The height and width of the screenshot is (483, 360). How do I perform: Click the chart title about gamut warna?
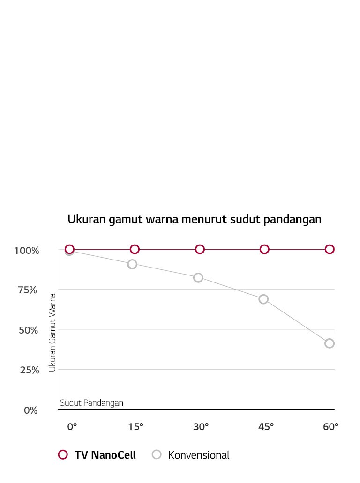click(195, 219)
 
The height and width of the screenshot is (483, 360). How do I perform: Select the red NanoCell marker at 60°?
click(330, 249)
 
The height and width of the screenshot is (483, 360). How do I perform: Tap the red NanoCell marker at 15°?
click(135, 249)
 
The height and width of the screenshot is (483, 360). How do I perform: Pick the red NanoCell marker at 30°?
click(200, 249)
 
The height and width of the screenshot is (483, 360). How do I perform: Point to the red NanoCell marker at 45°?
click(264, 249)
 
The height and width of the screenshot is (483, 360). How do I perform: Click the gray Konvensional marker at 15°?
click(132, 264)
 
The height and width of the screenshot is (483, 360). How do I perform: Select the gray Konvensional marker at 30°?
click(198, 278)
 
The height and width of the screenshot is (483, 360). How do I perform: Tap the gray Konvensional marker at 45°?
click(263, 299)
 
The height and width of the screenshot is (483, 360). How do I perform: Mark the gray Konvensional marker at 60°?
click(330, 343)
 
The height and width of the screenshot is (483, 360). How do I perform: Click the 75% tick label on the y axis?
click(27, 290)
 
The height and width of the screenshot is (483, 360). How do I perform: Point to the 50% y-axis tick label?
click(27, 330)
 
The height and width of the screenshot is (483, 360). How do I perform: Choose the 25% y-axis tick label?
click(27, 370)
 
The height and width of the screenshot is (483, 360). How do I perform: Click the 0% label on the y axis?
click(30, 410)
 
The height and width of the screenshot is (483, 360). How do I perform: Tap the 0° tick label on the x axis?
click(72, 427)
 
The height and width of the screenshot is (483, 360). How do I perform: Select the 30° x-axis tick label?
click(201, 427)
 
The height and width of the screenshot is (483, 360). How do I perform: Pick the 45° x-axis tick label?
click(266, 427)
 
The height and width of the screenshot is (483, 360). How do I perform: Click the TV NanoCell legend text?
click(105, 455)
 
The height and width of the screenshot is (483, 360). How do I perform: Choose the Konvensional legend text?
click(199, 455)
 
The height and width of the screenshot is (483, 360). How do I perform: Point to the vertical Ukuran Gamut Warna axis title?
click(52, 333)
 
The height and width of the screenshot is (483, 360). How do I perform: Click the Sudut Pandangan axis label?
click(91, 403)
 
